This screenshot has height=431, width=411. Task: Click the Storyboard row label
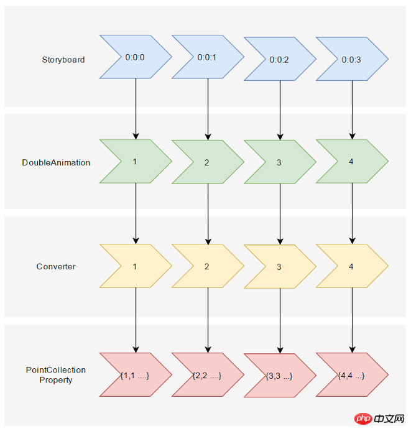(x=63, y=60)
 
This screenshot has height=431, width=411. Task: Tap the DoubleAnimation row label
(x=56, y=162)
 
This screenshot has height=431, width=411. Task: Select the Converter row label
(x=56, y=266)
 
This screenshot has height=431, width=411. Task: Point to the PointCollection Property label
(x=56, y=375)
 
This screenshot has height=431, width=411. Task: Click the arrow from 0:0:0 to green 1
(x=136, y=109)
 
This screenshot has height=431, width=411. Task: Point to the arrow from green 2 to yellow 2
(x=208, y=214)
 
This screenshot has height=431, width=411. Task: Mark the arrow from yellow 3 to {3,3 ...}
(x=280, y=321)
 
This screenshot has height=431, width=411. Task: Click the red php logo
(x=363, y=419)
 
